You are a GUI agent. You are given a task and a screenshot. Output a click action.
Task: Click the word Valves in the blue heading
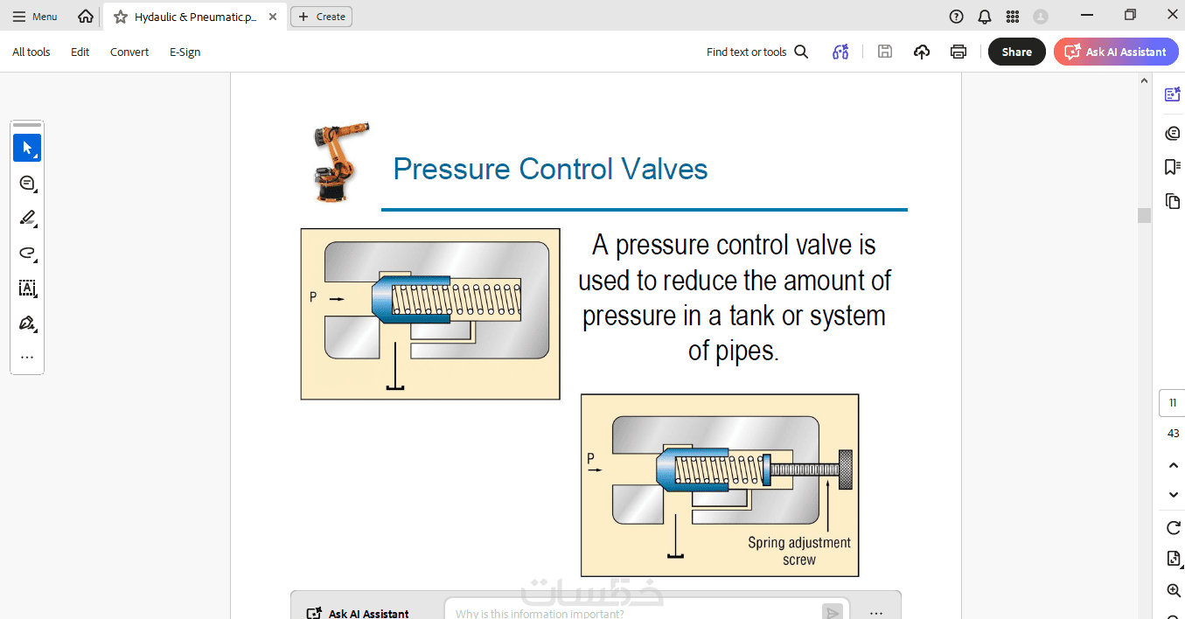664,170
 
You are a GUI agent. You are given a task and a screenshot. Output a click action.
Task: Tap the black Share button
1016,52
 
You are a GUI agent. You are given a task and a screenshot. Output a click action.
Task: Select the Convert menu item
129,52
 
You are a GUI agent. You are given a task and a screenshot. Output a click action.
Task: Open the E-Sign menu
185,52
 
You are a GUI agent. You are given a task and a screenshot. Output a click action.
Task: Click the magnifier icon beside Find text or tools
801,52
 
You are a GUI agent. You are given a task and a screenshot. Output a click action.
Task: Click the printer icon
958,52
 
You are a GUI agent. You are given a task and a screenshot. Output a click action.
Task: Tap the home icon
86,17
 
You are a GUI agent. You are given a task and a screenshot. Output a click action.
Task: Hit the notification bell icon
985,17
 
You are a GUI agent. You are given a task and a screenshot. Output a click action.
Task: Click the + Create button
322,17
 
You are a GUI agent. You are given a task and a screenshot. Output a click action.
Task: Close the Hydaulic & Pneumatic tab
273,17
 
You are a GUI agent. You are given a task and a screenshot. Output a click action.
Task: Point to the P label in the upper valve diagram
313,297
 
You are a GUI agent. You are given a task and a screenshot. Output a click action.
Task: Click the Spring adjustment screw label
799,551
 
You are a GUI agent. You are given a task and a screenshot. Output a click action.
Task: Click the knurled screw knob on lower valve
846,469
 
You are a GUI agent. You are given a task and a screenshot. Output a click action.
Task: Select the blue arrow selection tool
27,148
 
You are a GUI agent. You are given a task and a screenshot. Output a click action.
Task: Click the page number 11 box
1172,403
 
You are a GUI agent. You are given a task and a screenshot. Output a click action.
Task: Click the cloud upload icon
922,52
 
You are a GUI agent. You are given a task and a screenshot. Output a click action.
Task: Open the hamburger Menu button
35,17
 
